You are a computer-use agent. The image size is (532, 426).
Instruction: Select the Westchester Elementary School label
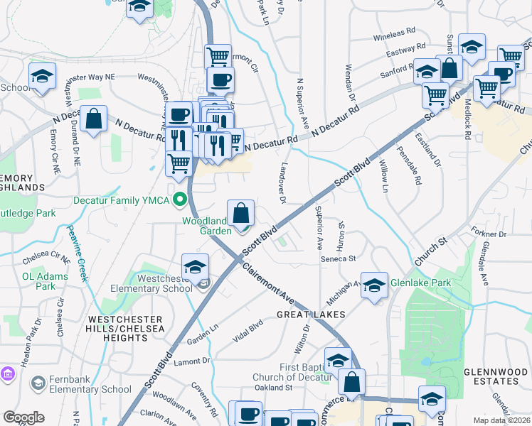point(152,283)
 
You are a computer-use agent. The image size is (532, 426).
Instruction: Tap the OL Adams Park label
point(39,281)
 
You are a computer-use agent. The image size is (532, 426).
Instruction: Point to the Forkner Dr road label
point(488,233)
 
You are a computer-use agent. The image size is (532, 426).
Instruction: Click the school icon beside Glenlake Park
point(374,285)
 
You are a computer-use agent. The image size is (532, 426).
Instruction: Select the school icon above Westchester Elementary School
point(195,267)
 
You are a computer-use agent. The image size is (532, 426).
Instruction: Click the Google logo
point(24,417)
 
